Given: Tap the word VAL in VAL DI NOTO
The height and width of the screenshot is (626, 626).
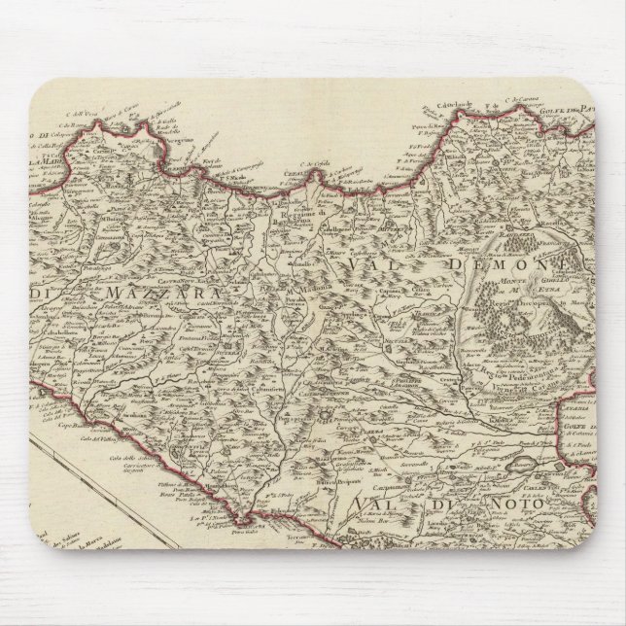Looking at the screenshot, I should point(375,504).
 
